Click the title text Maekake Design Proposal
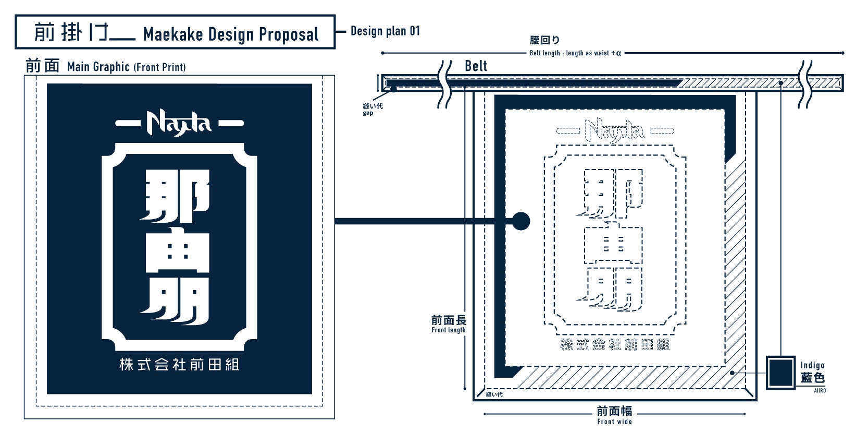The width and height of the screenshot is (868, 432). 230,34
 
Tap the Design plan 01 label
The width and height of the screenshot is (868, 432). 385,31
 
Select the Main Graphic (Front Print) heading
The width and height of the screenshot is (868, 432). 126,67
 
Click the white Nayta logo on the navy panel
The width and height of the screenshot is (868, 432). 179,123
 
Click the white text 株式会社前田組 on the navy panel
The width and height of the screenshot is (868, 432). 179,364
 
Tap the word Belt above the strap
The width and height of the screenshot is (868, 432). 476,66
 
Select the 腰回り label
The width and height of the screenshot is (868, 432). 544,40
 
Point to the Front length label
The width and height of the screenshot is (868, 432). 449,330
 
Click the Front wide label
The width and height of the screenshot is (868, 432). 614,422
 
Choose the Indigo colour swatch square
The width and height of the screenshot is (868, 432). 780,373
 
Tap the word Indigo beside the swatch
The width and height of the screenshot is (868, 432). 812,365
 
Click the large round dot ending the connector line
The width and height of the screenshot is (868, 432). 520,221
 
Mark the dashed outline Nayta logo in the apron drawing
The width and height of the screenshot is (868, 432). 614,130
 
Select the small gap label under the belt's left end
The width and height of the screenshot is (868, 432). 368,113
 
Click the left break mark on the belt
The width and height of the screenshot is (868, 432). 444,84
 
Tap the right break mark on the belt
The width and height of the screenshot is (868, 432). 805,84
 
